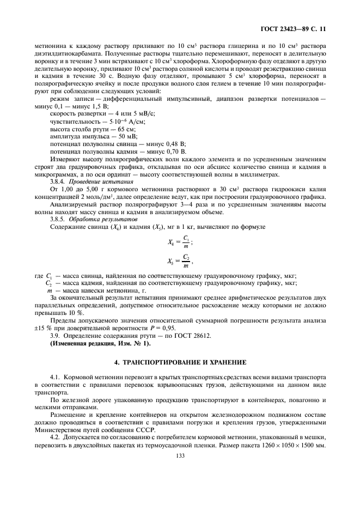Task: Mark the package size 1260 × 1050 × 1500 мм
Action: coord(284,445)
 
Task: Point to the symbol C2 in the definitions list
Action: coord(48,283)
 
